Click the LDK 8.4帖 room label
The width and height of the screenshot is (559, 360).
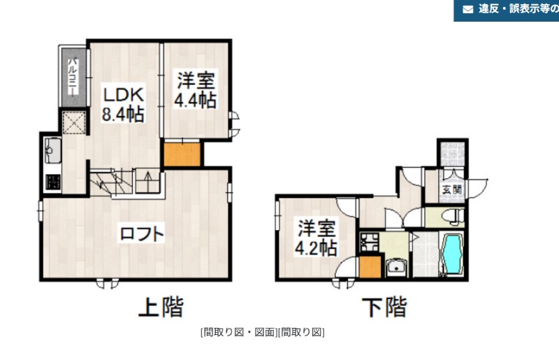pyautogui.click(x=123, y=104)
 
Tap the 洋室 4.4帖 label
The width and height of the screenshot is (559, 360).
pyautogui.click(x=196, y=89)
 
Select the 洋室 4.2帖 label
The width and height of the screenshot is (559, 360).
pyautogui.click(x=316, y=238)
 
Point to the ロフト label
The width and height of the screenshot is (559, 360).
pyautogui.click(x=142, y=234)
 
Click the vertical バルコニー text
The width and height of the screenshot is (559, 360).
pyautogui.click(x=73, y=77)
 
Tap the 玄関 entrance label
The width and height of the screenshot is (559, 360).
pyautogui.click(x=452, y=189)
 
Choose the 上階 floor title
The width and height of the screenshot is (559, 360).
pyautogui.click(x=161, y=307)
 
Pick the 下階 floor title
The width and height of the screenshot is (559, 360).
pyautogui.click(x=385, y=307)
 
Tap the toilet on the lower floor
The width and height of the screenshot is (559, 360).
pyautogui.click(x=453, y=217)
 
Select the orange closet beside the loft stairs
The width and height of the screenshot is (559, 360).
pyautogui.click(x=182, y=154)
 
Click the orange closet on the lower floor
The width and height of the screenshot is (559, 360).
pyautogui.click(x=370, y=266)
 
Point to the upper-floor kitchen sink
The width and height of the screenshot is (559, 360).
pyautogui.click(x=53, y=150)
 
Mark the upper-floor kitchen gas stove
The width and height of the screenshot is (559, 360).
pyautogui.click(x=53, y=182)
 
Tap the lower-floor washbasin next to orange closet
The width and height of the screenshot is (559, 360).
pyautogui.click(x=396, y=267)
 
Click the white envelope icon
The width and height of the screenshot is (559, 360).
pyautogui.click(x=467, y=9)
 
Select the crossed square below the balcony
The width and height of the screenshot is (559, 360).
pyautogui.click(x=74, y=123)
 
